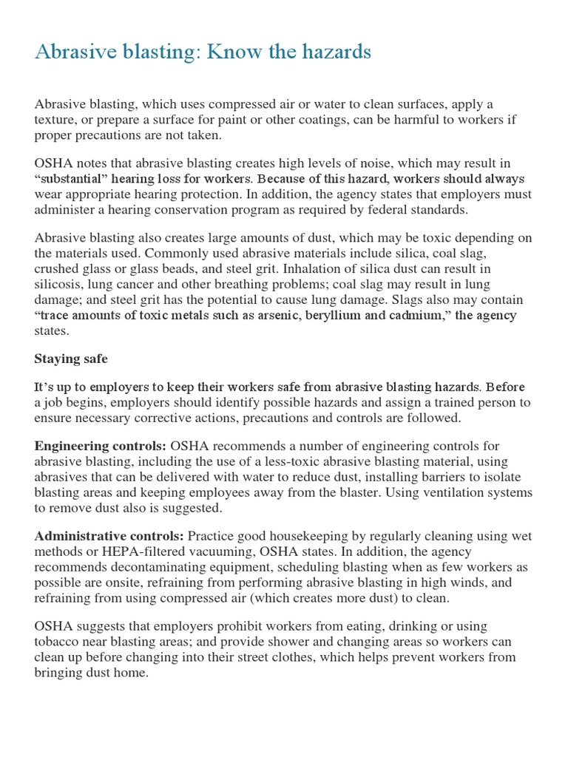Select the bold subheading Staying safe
coord(71,359)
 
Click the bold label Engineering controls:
coord(101,446)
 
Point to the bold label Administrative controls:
coord(109,535)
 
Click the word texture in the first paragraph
coord(55,120)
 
